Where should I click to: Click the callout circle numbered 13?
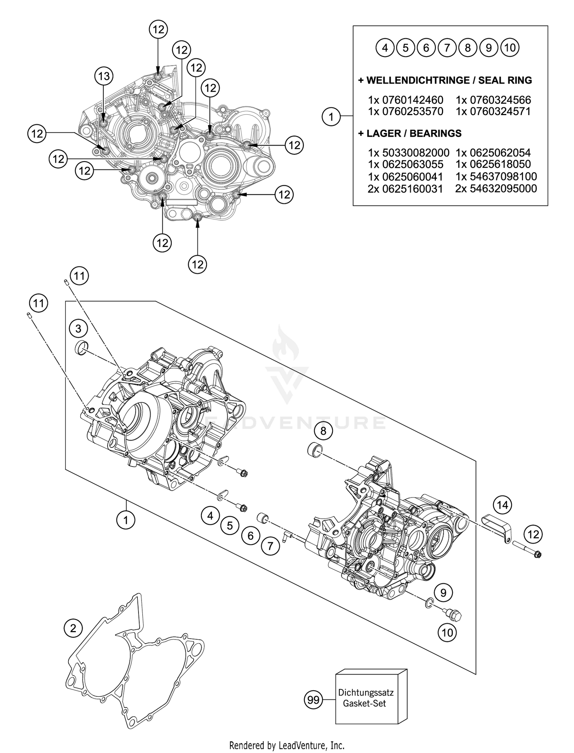pyautogui.click(x=104, y=76)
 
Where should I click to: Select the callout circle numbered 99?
pyautogui.click(x=313, y=700)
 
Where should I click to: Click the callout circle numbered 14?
pyautogui.click(x=502, y=505)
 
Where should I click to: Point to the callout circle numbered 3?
pyautogui.click(x=78, y=329)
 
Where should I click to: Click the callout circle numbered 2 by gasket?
pyautogui.click(x=73, y=628)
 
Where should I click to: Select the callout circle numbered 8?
pyautogui.click(x=324, y=431)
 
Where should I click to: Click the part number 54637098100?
pyautogui.click(x=496, y=176)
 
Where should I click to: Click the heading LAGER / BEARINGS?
pyautogui.click(x=409, y=133)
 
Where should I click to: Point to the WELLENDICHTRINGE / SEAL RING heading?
pyautogui.click(x=445, y=80)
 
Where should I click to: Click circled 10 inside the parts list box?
pyautogui.click(x=510, y=48)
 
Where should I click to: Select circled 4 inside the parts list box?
pyautogui.click(x=385, y=48)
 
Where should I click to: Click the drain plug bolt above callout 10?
pyautogui.click(x=454, y=614)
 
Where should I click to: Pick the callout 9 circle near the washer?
pyautogui.click(x=443, y=593)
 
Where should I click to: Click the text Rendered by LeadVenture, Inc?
pyautogui.click(x=287, y=745)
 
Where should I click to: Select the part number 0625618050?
pyautogui.click(x=493, y=164)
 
